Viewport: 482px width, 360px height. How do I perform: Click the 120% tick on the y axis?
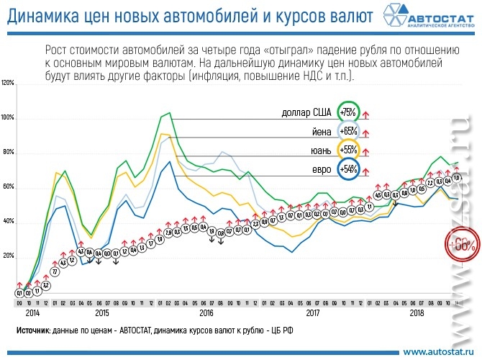point(8,83)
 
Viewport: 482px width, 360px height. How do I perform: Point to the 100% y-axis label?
point(8,117)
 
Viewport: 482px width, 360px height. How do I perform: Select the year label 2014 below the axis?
point(32,312)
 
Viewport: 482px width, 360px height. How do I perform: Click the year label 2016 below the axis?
point(207,312)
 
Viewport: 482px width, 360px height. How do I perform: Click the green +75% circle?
point(348,113)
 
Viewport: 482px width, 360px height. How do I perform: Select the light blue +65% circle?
point(348,132)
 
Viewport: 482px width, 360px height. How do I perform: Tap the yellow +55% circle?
point(348,150)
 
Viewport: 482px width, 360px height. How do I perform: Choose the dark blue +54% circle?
point(348,169)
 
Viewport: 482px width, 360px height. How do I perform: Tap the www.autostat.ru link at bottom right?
point(437,351)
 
